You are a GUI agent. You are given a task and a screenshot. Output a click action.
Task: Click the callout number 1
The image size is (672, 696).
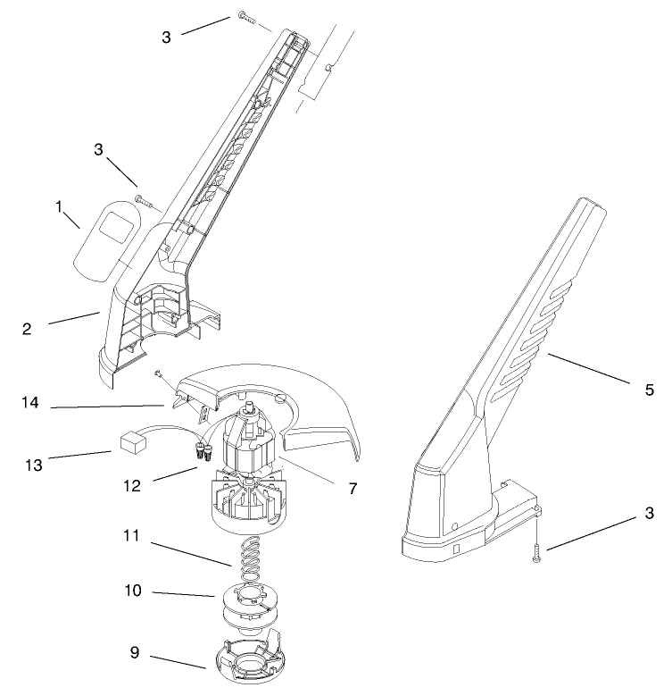(60, 207)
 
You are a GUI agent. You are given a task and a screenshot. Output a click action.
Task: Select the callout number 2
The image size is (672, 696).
(28, 329)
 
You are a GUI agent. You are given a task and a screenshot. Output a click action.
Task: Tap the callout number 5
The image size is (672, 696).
(650, 390)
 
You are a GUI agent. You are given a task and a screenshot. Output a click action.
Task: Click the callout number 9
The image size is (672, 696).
(136, 653)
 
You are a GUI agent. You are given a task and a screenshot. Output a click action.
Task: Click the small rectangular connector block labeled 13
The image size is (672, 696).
(132, 441)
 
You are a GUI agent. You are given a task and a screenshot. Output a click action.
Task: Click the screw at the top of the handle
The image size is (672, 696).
(247, 17)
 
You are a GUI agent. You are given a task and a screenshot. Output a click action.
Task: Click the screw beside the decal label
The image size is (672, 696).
(143, 200)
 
